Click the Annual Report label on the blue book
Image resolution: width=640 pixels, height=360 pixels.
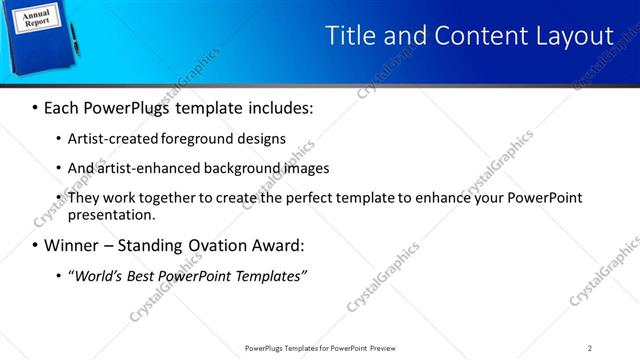point(35,17)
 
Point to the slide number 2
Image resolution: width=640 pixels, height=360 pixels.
point(590,348)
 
